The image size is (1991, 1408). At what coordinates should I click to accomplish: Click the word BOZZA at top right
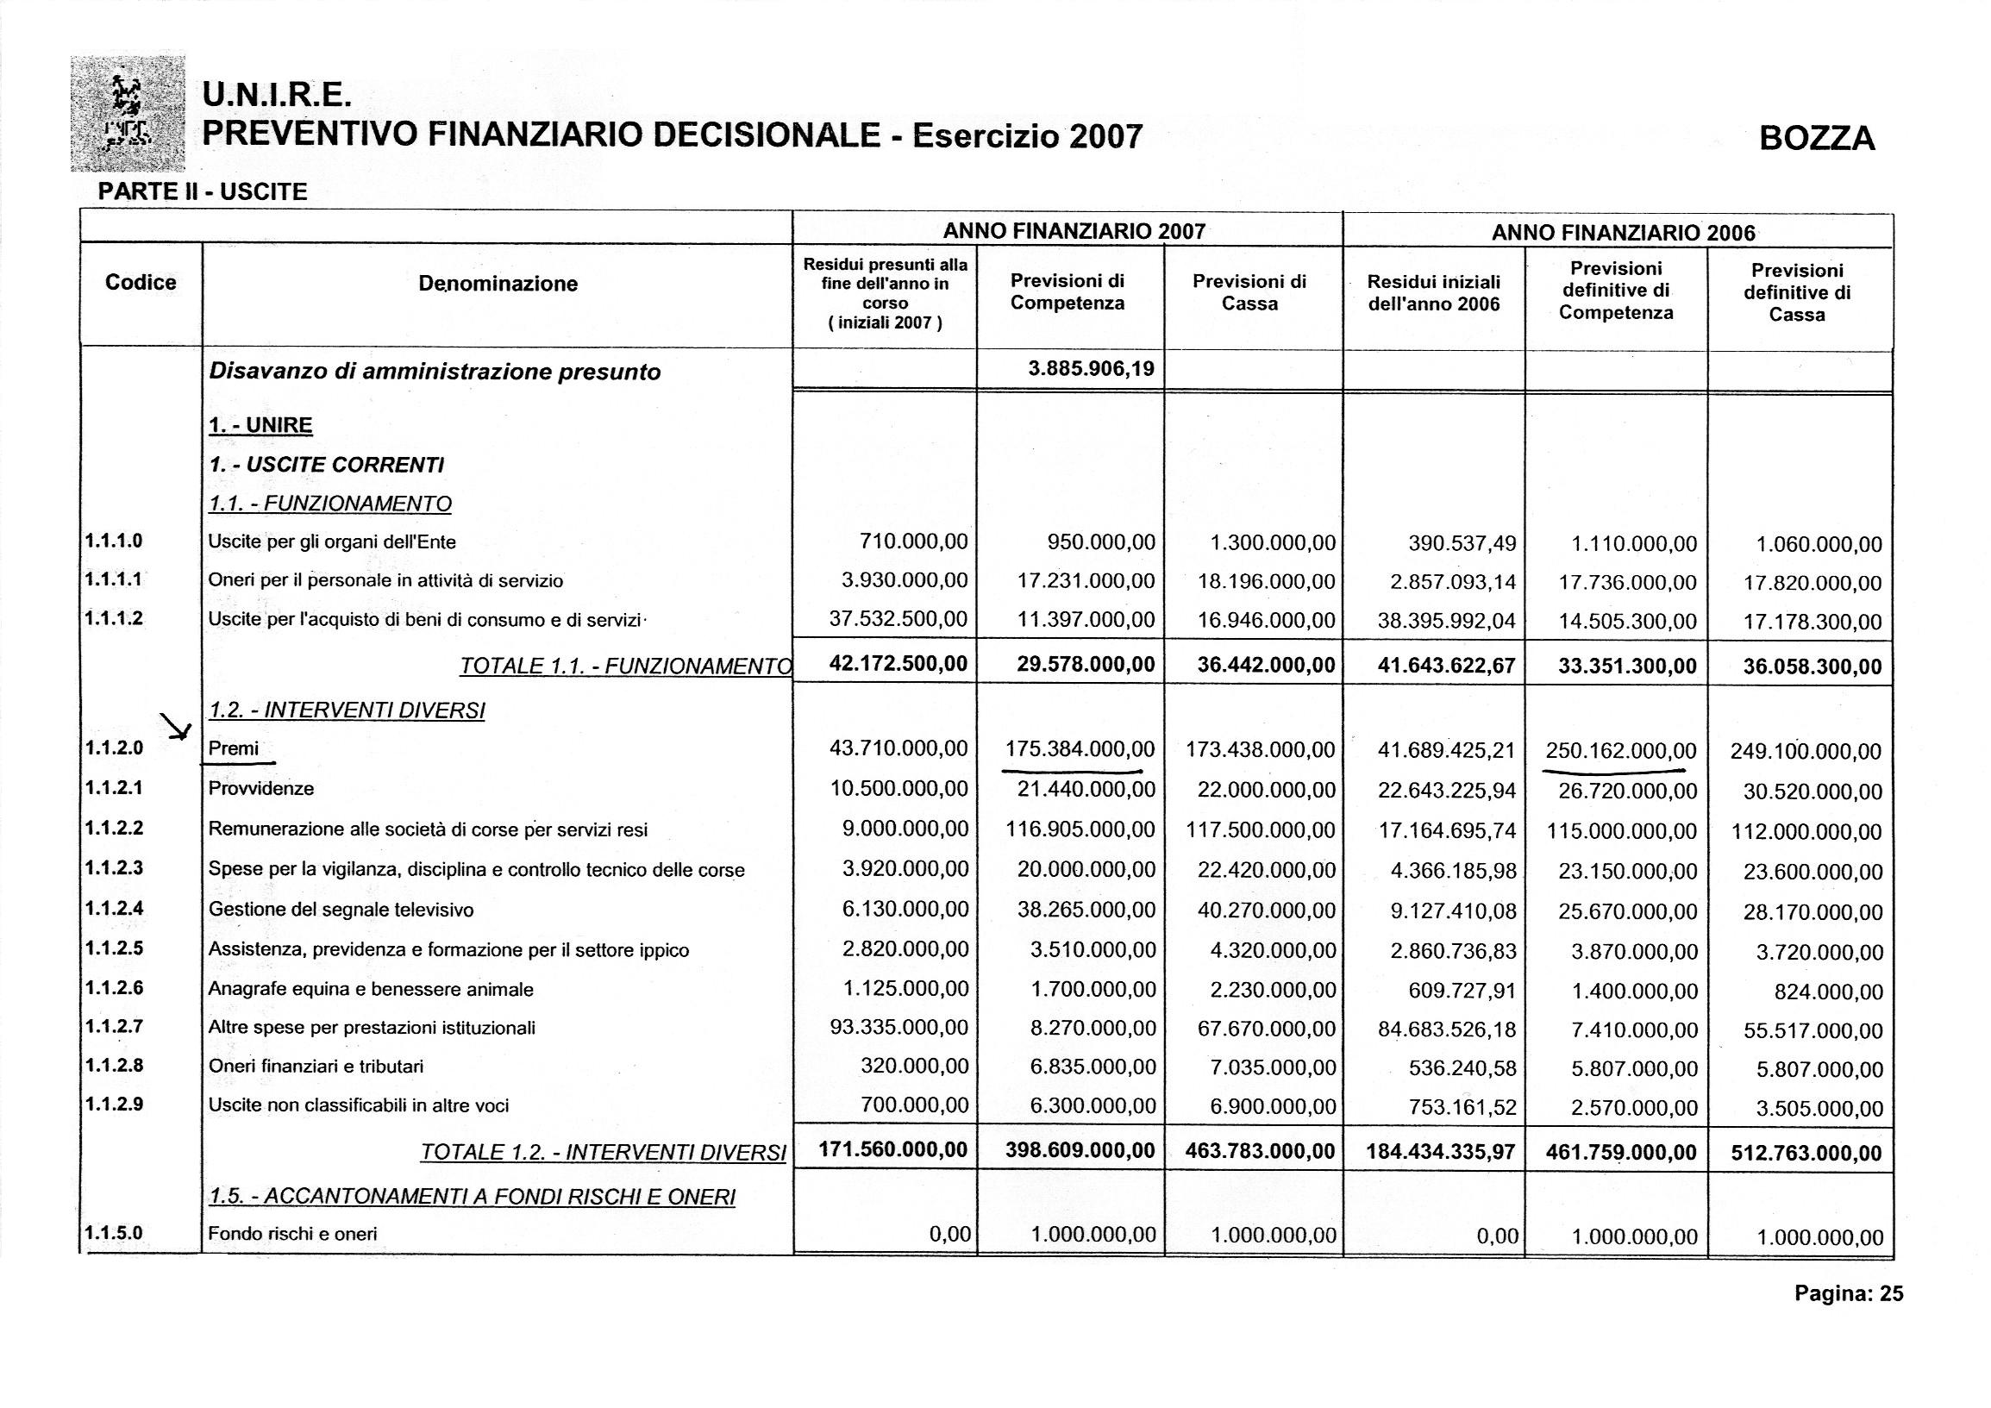1817,139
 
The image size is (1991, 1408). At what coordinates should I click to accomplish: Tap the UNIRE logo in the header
128,114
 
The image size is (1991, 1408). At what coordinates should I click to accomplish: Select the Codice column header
141,283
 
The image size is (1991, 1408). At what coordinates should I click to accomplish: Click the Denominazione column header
497,284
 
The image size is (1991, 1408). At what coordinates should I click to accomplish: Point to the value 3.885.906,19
1091,369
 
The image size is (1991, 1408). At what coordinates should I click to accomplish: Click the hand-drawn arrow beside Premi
177,727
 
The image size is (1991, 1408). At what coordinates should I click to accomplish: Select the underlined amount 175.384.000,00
1080,749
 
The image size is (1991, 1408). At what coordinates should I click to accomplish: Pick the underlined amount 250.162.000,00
1621,751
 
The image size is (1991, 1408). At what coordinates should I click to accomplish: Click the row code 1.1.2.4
114,909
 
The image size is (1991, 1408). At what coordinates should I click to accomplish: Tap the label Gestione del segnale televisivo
341,911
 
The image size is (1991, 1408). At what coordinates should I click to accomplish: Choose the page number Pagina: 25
1849,1294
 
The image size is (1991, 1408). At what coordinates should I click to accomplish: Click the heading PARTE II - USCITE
203,191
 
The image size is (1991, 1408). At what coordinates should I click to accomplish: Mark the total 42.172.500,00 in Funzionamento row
898,665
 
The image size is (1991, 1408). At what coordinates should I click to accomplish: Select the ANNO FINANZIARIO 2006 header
1623,232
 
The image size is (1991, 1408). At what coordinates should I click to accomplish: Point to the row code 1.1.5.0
114,1232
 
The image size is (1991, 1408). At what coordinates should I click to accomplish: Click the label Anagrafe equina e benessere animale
370,989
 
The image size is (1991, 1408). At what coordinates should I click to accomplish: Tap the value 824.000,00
1828,992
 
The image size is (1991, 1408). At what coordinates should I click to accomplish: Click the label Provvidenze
261,789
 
